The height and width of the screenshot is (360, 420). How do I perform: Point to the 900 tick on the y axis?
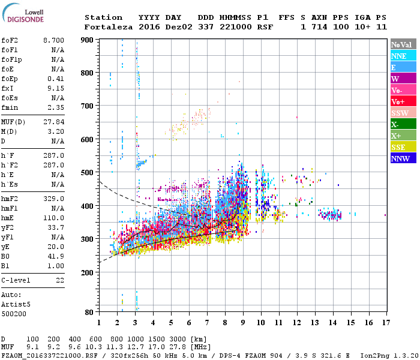click(x=88, y=40)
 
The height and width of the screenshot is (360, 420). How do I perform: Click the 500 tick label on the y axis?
click(x=88, y=173)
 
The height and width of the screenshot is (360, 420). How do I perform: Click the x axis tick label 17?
click(x=385, y=323)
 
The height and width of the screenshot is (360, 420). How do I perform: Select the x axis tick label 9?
click(x=243, y=323)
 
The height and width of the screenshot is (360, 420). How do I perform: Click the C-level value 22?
click(x=59, y=280)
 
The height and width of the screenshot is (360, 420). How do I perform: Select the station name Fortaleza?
click(x=109, y=27)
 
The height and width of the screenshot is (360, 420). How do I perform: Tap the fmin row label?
click(x=10, y=107)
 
